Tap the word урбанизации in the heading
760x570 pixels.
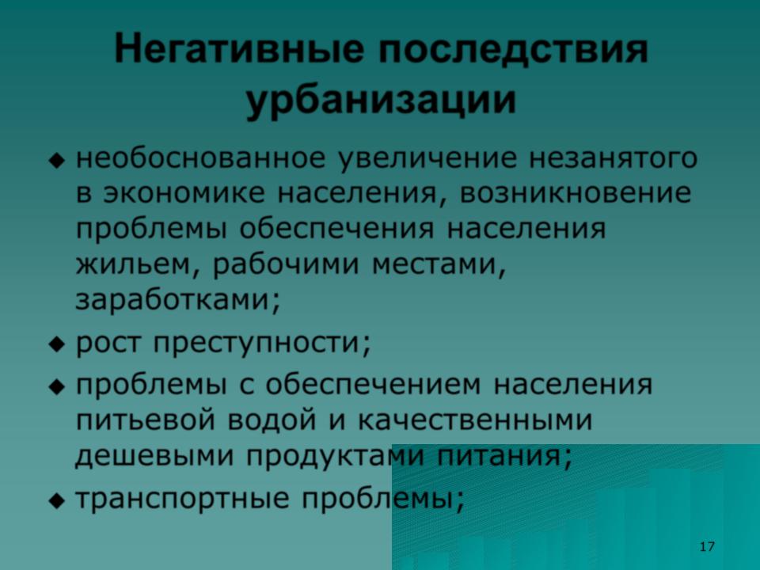point(381,101)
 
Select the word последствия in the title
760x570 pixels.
point(513,49)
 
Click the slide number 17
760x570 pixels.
point(707,546)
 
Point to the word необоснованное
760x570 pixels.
point(200,158)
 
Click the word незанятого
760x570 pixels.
point(613,158)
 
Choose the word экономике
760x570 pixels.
point(184,193)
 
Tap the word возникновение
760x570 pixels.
point(575,193)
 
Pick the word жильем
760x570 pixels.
point(134,264)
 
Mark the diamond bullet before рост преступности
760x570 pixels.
point(57,344)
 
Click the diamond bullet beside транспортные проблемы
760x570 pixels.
point(57,500)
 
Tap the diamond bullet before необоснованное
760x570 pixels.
point(57,160)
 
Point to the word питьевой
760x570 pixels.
point(145,420)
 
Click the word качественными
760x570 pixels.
point(475,420)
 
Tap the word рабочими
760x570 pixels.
point(286,264)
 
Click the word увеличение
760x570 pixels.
point(427,159)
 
